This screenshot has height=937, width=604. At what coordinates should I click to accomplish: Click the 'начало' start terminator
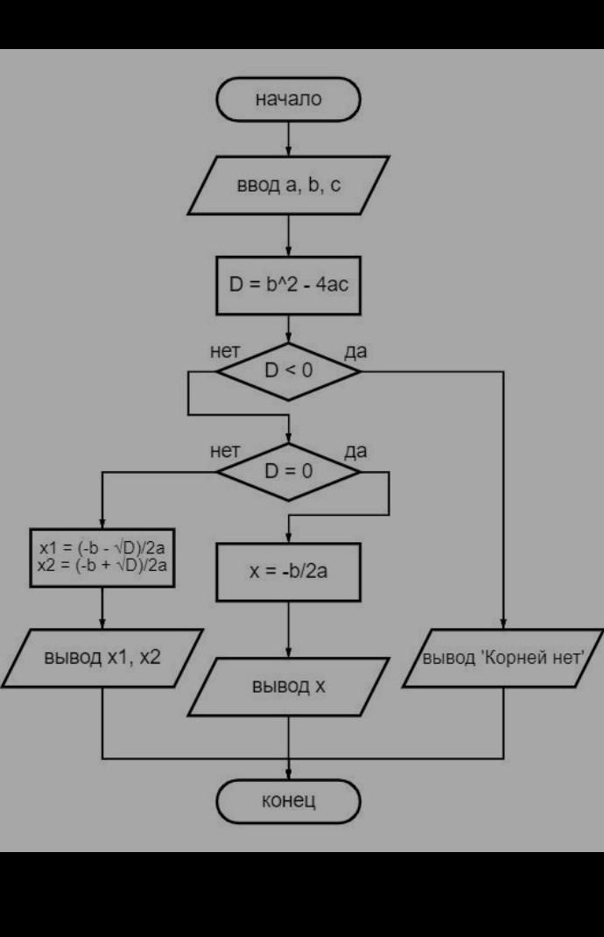[288, 99]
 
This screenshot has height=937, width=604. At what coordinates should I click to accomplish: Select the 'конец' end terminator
[288, 800]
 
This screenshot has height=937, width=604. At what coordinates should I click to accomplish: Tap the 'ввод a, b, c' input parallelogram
[288, 186]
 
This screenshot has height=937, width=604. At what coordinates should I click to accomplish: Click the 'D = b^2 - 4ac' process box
[288, 285]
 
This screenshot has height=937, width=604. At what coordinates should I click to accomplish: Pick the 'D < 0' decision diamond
[288, 371]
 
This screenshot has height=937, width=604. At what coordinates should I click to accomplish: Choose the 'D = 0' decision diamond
[288, 471]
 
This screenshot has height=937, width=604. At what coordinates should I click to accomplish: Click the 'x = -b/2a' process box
[288, 572]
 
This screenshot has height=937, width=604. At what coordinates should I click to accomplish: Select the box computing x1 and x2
[102, 558]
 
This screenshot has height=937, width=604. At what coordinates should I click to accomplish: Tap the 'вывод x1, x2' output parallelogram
[102, 658]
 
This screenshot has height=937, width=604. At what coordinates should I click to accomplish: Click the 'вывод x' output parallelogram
[288, 687]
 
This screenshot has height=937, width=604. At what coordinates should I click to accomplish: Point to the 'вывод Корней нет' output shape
[503, 658]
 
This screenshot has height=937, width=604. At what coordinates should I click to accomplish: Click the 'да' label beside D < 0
[355, 351]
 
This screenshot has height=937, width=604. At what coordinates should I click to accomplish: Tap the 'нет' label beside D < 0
[225, 351]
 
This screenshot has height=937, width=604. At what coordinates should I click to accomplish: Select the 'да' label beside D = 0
[355, 451]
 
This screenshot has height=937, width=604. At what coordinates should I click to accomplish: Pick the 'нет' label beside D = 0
[225, 451]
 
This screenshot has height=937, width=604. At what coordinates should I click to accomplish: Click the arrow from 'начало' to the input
[289, 139]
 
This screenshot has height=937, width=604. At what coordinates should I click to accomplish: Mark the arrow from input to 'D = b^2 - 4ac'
[289, 236]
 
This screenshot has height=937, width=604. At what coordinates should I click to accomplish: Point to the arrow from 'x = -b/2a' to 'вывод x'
[289, 630]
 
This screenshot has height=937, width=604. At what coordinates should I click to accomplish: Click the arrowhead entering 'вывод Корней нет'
[503, 623]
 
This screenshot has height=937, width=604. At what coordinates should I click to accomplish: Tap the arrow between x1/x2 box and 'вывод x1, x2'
[102, 609]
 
